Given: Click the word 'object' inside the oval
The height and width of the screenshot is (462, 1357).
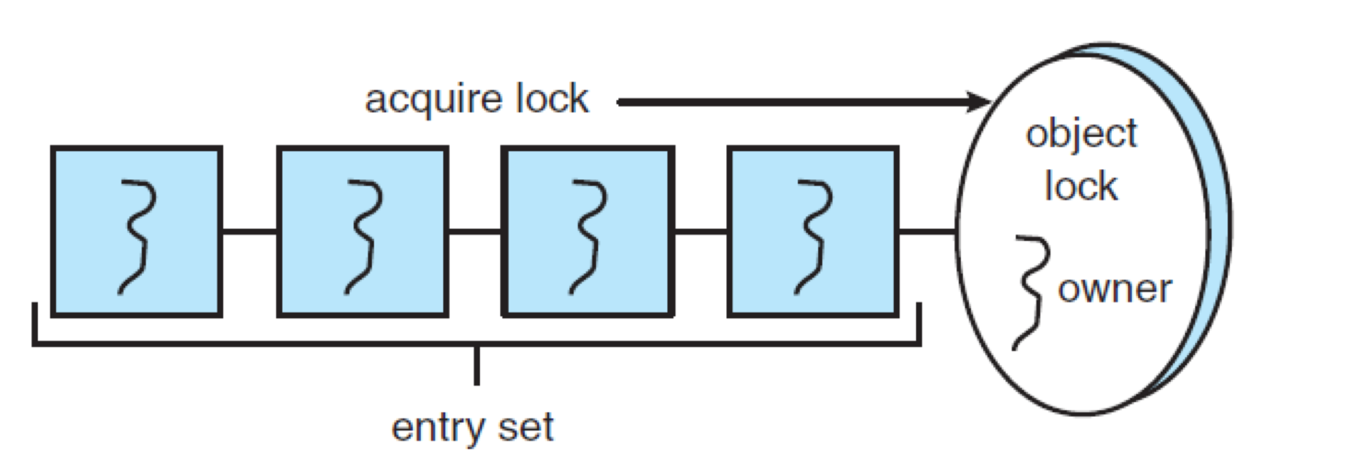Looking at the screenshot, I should point(1081,135).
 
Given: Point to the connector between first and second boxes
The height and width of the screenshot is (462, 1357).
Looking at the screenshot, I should point(250,231).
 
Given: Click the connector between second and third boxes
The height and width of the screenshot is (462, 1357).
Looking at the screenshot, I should point(475,231).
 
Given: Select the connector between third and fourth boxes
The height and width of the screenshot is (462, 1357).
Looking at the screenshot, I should point(700,231).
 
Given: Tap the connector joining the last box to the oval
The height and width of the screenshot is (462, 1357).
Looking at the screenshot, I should point(927,231).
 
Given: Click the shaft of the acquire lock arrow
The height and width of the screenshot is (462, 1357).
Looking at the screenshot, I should point(790,102).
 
